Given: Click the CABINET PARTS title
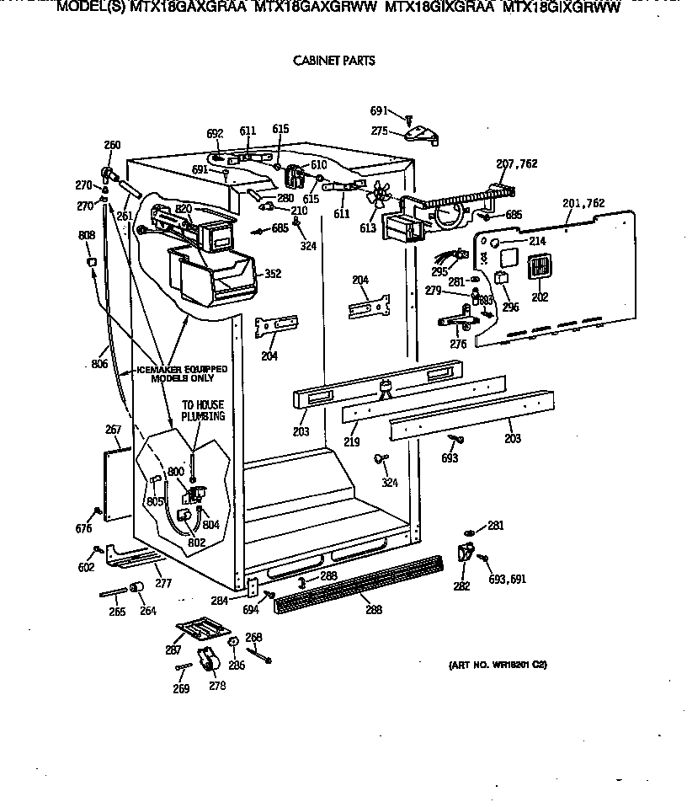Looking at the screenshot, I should pos(333,61).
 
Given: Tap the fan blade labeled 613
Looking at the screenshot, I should pos(378,196).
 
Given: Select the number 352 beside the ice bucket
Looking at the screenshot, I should pos(272,273).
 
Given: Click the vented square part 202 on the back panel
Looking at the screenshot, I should pos(538,268).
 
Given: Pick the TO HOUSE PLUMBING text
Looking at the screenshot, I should pos(203,410).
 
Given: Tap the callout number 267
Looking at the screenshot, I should pos(114,430).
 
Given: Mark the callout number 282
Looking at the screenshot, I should pos(461,586).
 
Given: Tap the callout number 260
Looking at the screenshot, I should pos(111,144).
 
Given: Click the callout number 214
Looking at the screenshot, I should pos(537,241).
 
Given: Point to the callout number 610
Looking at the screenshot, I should pos(318,165).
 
